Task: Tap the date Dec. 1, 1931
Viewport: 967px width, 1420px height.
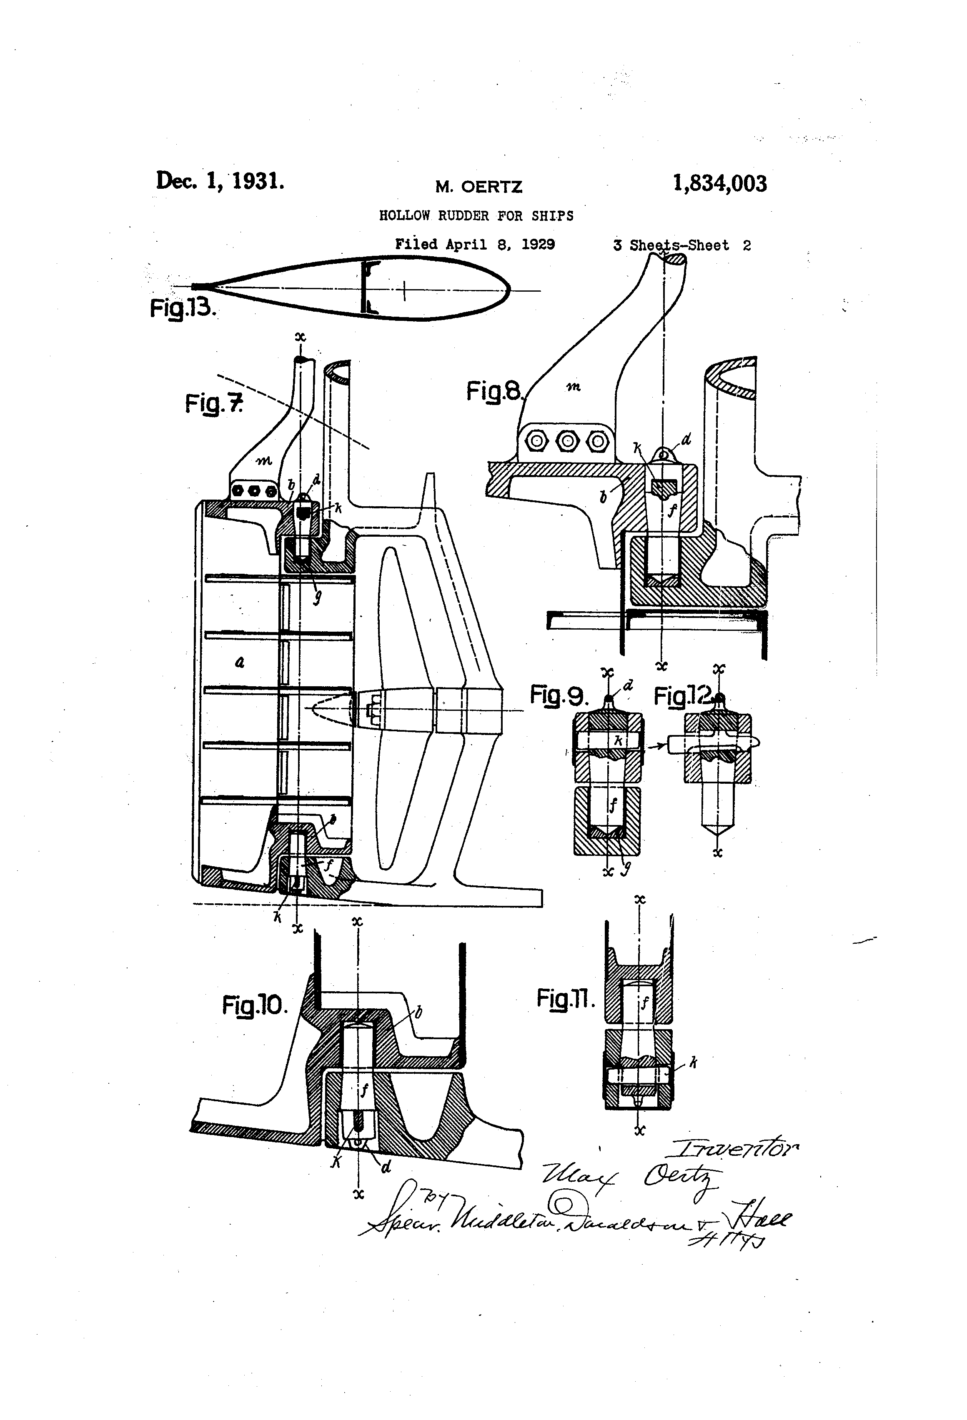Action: pyautogui.click(x=220, y=181)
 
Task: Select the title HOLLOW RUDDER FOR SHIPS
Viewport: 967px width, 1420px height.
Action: pyautogui.click(x=476, y=216)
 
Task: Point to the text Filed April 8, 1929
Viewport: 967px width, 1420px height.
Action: pyautogui.click(x=474, y=245)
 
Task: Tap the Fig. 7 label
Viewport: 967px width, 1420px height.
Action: pyautogui.click(x=214, y=403)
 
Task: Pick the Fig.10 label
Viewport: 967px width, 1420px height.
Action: pyautogui.click(x=254, y=1005)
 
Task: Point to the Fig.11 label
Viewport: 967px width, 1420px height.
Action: pyautogui.click(x=566, y=998)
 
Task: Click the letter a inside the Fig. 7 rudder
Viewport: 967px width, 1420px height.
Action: pyautogui.click(x=240, y=661)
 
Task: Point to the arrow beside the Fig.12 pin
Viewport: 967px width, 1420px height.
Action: pyautogui.click(x=657, y=745)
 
